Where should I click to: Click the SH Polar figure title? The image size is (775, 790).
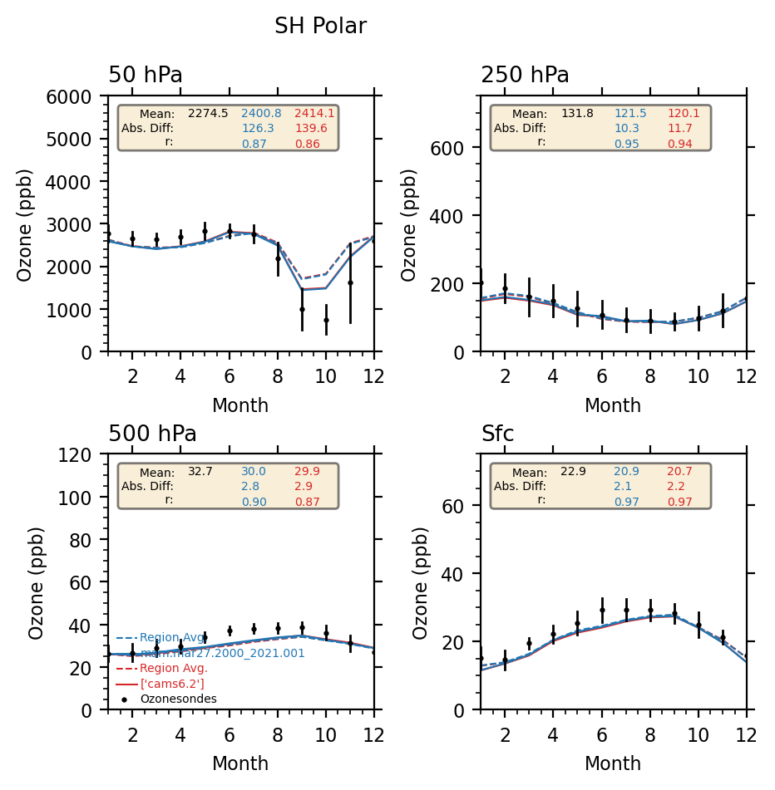pos(320,27)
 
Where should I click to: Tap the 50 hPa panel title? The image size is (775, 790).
pos(146,76)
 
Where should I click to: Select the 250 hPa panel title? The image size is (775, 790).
pos(525,76)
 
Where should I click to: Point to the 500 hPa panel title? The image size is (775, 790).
pos(152,434)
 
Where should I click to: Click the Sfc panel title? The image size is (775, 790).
pos(497,434)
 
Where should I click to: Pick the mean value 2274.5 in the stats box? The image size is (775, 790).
pos(208,114)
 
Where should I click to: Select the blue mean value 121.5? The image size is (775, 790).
pos(630,114)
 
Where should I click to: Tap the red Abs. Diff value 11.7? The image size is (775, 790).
pos(679,129)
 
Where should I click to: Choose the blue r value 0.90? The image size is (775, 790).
pos(254,502)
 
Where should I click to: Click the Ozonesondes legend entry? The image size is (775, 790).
pos(178,699)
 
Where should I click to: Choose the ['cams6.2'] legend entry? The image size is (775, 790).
pos(171,684)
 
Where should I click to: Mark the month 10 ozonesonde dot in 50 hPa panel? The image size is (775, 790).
pos(326,320)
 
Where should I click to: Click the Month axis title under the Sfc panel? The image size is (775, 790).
pos(613,764)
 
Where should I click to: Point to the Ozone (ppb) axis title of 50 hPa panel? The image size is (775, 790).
pos(25,224)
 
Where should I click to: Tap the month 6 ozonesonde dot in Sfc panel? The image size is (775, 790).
pos(602,610)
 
